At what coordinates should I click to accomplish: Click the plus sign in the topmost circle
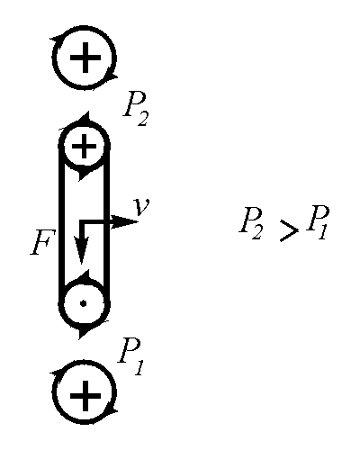click(85, 58)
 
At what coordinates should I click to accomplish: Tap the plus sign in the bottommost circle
click(85, 396)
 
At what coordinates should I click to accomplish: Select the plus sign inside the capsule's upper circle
click(85, 147)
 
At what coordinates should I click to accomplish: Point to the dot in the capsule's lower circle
click(84, 303)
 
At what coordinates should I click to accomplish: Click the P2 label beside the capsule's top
click(136, 109)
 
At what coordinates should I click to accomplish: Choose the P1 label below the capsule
click(131, 357)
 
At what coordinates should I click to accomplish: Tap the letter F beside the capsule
click(43, 242)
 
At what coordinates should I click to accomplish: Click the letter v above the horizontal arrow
click(142, 206)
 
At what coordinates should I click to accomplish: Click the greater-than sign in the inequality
click(289, 230)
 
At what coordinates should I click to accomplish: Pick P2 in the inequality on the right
click(251, 223)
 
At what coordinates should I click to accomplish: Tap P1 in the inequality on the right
click(318, 222)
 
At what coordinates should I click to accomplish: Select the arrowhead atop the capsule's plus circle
click(84, 118)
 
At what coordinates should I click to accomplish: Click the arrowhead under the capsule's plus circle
click(85, 175)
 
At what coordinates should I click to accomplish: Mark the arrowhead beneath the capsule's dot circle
click(85, 333)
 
